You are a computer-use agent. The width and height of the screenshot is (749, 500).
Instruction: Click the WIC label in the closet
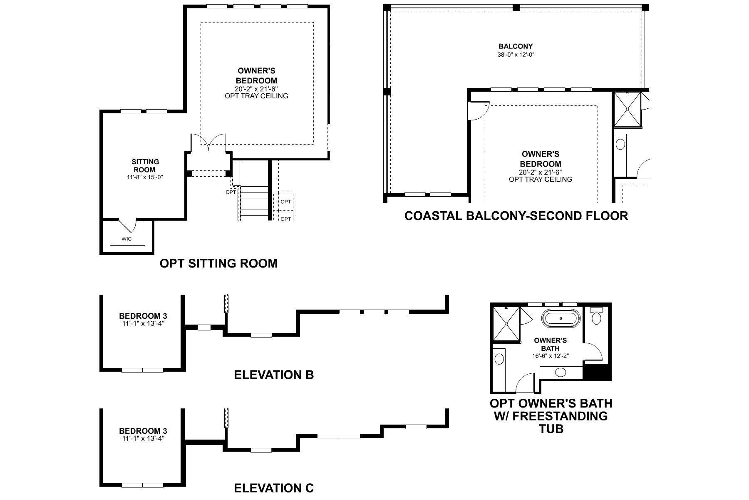coord(126,239)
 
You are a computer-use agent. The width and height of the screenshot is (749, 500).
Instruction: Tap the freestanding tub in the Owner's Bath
coord(561,319)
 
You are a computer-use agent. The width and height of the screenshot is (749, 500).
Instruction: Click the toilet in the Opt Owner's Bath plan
coord(597,317)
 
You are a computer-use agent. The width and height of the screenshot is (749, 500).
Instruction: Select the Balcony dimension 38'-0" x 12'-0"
coord(516,54)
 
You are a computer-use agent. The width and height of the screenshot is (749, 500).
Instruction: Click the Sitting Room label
coord(145,165)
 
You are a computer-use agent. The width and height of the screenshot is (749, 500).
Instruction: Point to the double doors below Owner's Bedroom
coord(208,143)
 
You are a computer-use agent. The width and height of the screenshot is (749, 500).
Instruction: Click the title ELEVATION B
coord(273,375)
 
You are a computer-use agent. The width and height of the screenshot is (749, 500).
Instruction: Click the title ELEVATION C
coord(273,487)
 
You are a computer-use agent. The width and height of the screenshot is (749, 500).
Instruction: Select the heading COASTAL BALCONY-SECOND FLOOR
coord(516,216)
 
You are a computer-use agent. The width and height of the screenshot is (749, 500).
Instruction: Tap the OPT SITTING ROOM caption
coord(218,263)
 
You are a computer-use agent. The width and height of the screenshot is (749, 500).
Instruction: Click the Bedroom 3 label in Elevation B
coord(143,316)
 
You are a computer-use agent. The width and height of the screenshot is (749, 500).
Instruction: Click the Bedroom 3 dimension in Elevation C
coord(143,438)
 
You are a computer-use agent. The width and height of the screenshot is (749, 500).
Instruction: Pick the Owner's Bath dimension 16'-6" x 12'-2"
coord(550,356)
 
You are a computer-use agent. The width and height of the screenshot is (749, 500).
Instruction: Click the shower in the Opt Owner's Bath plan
coord(506,323)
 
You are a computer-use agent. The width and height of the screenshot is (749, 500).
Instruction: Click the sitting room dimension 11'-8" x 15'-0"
coord(145,177)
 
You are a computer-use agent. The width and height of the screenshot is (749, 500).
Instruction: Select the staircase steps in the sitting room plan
coord(254,202)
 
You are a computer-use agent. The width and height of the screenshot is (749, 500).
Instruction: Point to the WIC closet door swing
coord(128,225)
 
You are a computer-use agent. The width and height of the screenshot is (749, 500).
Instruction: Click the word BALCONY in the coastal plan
coord(516,46)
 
